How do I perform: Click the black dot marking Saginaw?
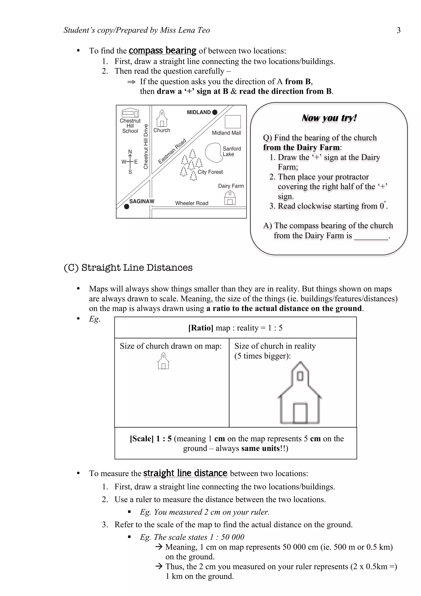127,207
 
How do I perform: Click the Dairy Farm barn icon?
230,198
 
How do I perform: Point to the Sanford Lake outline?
213,152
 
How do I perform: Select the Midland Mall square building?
233,122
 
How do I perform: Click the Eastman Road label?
172,151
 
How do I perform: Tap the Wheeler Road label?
192,203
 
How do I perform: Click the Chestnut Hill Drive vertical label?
146,146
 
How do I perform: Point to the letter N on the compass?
130,152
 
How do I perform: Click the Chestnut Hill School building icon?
130,113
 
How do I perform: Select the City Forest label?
210,172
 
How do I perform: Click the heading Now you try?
329,118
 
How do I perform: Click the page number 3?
399,30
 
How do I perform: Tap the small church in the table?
163,361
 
